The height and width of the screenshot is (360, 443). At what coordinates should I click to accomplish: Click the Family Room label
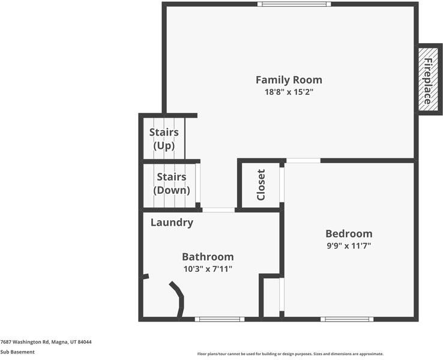[x=289, y=80]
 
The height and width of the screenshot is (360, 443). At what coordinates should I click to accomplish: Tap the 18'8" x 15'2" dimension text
[x=289, y=92]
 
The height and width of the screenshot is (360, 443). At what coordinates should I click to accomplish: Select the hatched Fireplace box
[x=429, y=79]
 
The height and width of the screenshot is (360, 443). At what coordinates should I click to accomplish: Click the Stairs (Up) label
[x=164, y=139]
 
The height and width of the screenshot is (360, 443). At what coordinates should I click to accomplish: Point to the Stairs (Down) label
[x=172, y=183]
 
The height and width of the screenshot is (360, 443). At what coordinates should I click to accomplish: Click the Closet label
[x=261, y=185]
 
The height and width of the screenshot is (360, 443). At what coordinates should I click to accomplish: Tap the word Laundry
[x=172, y=223]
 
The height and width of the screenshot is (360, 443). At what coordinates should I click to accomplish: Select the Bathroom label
[x=208, y=257]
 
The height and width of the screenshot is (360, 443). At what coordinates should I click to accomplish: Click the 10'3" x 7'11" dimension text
[x=208, y=269]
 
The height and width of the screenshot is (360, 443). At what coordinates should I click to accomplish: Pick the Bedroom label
[x=349, y=233]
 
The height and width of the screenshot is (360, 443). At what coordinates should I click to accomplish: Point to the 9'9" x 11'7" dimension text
[x=349, y=246]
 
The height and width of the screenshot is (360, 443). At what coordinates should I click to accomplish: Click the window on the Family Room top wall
[x=294, y=4]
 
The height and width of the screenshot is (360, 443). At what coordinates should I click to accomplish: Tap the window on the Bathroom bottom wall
[x=220, y=319]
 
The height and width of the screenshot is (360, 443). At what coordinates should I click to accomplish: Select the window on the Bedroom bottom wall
[x=347, y=319]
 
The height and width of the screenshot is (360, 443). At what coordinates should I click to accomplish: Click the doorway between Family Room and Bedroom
[x=303, y=161]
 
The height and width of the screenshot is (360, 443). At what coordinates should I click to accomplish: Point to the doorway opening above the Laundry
[x=218, y=210]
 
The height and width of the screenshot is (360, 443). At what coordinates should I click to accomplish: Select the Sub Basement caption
[x=17, y=352]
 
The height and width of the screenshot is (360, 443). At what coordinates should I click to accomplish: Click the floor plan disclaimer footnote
[x=290, y=354]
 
